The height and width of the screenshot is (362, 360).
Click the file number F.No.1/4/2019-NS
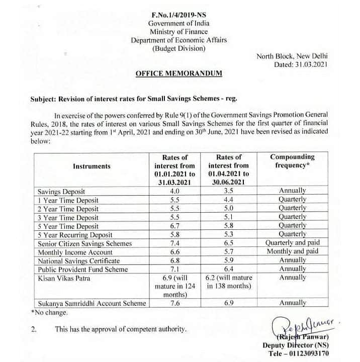click(x=179, y=15)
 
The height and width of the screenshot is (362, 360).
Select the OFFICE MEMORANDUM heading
click(x=179, y=73)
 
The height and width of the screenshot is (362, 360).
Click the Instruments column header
click(x=92, y=166)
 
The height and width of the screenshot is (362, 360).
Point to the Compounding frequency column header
click(x=293, y=161)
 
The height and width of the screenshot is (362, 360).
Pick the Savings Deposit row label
click(x=62, y=192)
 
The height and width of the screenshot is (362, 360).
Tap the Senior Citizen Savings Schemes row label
click(x=85, y=243)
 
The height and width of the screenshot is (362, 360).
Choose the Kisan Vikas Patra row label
click(x=62, y=278)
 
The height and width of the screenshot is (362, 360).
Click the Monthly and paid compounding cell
click(x=293, y=252)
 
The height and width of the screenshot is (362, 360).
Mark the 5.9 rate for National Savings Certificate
click(x=229, y=261)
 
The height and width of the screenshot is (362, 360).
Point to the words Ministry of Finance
click(x=179, y=32)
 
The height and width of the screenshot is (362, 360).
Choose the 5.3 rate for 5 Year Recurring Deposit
click(x=229, y=235)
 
